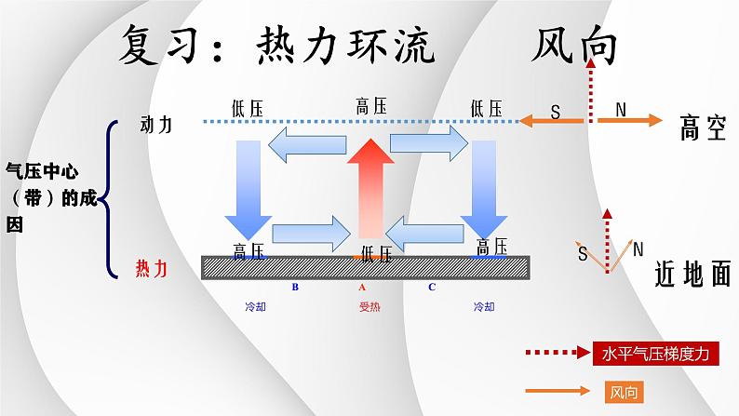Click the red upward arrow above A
pyautogui.click(x=370, y=188)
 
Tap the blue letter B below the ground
pyautogui.click(x=295, y=287)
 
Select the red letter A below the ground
pyautogui.click(x=362, y=287)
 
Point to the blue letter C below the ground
pyautogui.click(x=432, y=287)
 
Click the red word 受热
pyautogui.click(x=369, y=307)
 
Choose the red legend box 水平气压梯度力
pyautogui.click(x=655, y=354)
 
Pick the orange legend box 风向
pyautogui.click(x=624, y=392)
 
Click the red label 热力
pyautogui.click(x=152, y=269)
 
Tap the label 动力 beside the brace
pyautogui.click(x=156, y=125)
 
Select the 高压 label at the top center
pyautogui.click(x=371, y=106)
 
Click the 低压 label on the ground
pyautogui.click(x=377, y=254)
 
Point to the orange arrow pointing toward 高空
pyautogui.click(x=630, y=121)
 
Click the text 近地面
pyautogui.click(x=692, y=274)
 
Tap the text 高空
pyautogui.click(x=703, y=127)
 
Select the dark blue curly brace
pyautogui.click(x=108, y=200)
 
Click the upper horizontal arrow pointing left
pyautogui.click(x=307, y=144)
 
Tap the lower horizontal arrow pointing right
pyautogui.click(x=312, y=234)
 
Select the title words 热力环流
pyautogui.click(x=345, y=45)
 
